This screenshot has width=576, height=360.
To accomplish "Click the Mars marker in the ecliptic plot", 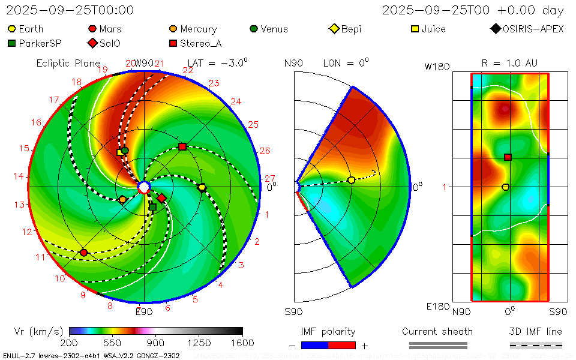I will pyautogui.click(x=84, y=253).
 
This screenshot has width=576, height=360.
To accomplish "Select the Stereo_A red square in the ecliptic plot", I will pyautogui.click(x=182, y=147).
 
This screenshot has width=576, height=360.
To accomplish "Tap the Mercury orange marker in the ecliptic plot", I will pyautogui.click(x=123, y=199).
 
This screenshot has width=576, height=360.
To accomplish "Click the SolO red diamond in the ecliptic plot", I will pyautogui.click(x=161, y=198).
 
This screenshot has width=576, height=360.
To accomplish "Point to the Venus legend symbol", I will pyautogui.click(x=254, y=29).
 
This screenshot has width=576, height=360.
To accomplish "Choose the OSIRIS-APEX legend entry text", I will pyautogui.click(x=533, y=29).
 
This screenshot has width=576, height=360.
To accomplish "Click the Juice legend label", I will pyautogui.click(x=433, y=29).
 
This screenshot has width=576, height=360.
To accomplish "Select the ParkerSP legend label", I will pyautogui.click(x=40, y=43).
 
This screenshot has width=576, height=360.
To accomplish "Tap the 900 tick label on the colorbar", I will pyautogui.click(x=156, y=343).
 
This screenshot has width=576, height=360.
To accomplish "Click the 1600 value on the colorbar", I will pyautogui.click(x=242, y=343).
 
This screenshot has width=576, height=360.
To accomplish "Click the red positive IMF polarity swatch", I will pyautogui.click(x=342, y=345).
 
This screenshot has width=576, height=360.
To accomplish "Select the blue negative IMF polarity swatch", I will pyautogui.click(x=314, y=345).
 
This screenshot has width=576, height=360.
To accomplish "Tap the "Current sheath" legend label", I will pyautogui.click(x=437, y=331).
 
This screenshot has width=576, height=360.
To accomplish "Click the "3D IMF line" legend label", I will pyautogui.click(x=536, y=331).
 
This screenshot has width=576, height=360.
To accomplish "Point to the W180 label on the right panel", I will pyautogui.click(x=437, y=67).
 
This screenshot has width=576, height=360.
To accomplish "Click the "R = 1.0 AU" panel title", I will pyautogui.click(x=509, y=63).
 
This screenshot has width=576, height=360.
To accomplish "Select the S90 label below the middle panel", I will pyautogui.click(x=293, y=311).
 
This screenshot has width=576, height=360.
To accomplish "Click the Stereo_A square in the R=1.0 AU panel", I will pyautogui.click(x=508, y=157).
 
